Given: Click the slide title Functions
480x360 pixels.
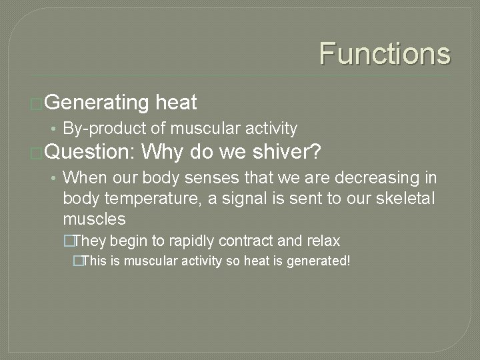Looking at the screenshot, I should pos(385,53).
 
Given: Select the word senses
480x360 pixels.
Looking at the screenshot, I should pos(192,178).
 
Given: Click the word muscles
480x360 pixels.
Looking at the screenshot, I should pos(94,219).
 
